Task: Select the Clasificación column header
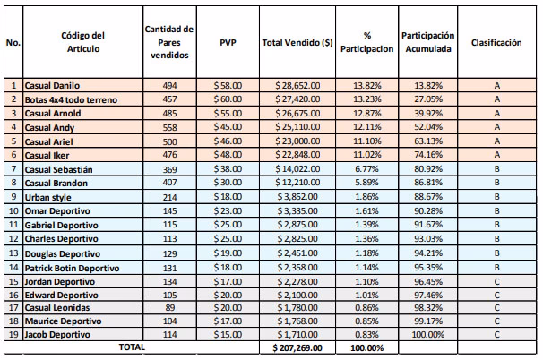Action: pos(496,42)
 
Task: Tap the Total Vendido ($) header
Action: pos(297,42)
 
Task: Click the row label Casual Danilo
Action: pos(53,85)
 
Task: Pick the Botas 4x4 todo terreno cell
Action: pos(70,99)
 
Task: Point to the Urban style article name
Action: pos(48,196)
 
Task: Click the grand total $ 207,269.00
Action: pos(297,347)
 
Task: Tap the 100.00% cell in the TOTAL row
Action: pos(367,347)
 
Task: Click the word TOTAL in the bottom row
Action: pos(132,347)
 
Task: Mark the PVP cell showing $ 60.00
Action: pos(228,99)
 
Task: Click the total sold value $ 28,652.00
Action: pos(297,85)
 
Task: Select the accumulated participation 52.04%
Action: pos(427,126)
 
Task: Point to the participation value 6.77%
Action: pos(367,168)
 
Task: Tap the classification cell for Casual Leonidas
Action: pos(496,307)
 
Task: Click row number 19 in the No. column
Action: pos(13,335)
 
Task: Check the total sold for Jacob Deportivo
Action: pos(297,335)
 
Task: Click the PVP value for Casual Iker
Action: pos(228,154)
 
